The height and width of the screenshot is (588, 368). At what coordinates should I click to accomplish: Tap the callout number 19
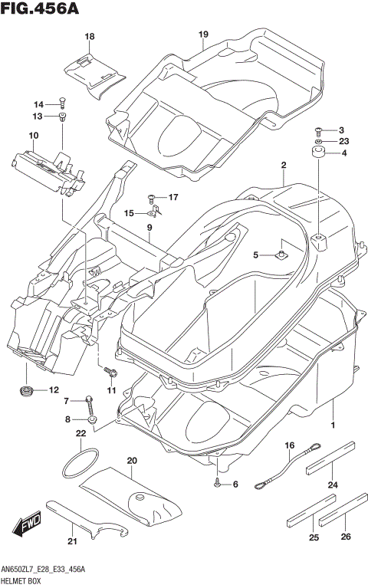tap(203, 34)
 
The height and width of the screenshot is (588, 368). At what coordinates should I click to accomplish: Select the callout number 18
tap(90, 37)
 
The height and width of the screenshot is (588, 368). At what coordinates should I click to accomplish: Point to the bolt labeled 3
tap(320, 130)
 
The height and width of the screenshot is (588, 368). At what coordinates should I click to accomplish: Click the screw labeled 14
tap(62, 102)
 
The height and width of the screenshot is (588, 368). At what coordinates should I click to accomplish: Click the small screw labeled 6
tap(219, 483)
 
